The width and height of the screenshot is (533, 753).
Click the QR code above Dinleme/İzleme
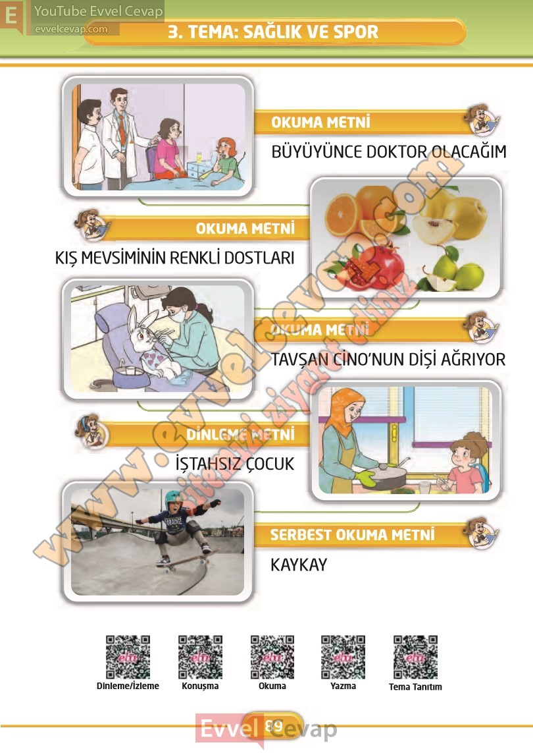128,656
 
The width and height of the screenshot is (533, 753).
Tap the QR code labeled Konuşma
200,656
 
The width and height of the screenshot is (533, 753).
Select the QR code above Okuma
272,656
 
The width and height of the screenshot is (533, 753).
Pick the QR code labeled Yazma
343,656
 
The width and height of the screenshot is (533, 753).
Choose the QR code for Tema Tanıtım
415,656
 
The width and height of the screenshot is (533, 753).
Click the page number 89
274,725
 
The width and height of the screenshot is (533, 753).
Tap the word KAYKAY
299,565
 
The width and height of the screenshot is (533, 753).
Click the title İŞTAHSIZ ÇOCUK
235,463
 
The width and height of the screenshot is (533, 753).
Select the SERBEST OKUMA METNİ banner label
352,534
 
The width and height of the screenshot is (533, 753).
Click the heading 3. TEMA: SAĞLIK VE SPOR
273,32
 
